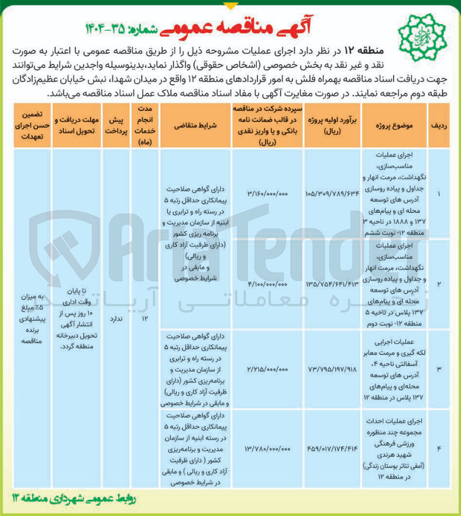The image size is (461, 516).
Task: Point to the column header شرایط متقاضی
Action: [x=197, y=126]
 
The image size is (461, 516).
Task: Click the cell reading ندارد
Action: [x=115, y=320]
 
